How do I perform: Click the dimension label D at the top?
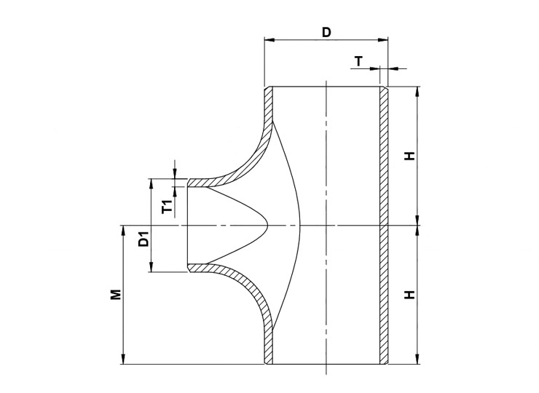(x=326, y=32)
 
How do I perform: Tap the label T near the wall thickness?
(x=358, y=61)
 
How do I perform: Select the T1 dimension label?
(x=168, y=207)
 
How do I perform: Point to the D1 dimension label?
(x=143, y=239)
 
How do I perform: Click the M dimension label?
(x=116, y=295)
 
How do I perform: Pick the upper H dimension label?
(x=410, y=156)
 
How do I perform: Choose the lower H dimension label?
(x=410, y=295)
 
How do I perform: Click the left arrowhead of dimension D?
(x=269, y=40)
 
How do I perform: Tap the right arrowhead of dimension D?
(x=382, y=40)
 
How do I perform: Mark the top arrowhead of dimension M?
(x=123, y=231)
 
